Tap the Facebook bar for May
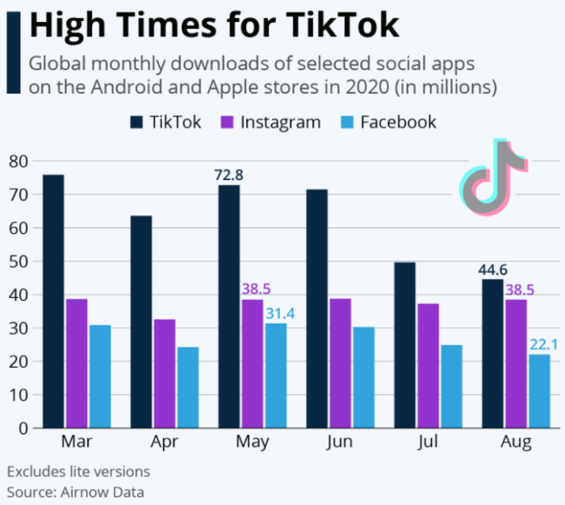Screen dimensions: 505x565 [275, 375]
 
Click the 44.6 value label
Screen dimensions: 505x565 [494, 269]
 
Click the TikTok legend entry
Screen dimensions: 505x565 [166, 122]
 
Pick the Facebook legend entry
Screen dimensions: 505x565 [387, 122]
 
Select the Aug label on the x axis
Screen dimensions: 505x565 [517, 442]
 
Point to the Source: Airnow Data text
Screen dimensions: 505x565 [77, 490]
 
